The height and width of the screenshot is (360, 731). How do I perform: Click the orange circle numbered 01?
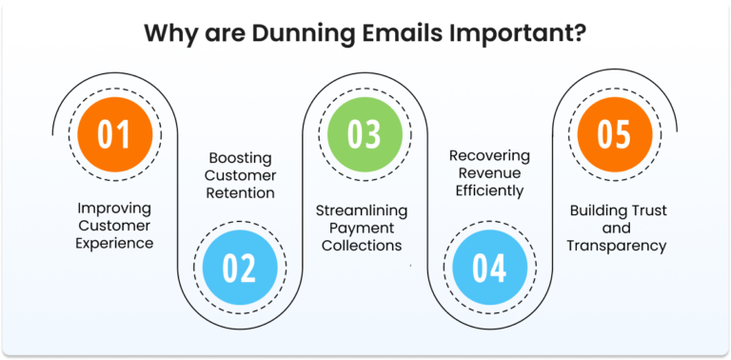pyautogui.click(x=115, y=134)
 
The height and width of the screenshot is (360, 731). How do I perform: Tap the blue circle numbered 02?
pyautogui.click(x=240, y=268)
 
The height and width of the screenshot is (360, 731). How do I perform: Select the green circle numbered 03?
pyautogui.click(x=365, y=134)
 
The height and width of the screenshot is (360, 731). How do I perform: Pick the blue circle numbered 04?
pyautogui.click(x=489, y=268)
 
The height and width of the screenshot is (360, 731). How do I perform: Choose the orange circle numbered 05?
pyautogui.click(x=614, y=134)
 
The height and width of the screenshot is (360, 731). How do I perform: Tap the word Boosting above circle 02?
pyautogui.click(x=241, y=156)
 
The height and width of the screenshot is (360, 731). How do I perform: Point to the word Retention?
pyautogui.click(x=241, y=192)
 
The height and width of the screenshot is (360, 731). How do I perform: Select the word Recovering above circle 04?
pyautogui.click(x=489, y=154)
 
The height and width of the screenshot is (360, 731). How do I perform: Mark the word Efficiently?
pyautogui.click(x=489, y=190)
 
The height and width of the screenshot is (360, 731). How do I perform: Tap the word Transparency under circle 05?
pyautogui.click(x=616, y=245)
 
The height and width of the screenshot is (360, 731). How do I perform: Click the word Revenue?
pyautogui.click(x=489, y=172)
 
